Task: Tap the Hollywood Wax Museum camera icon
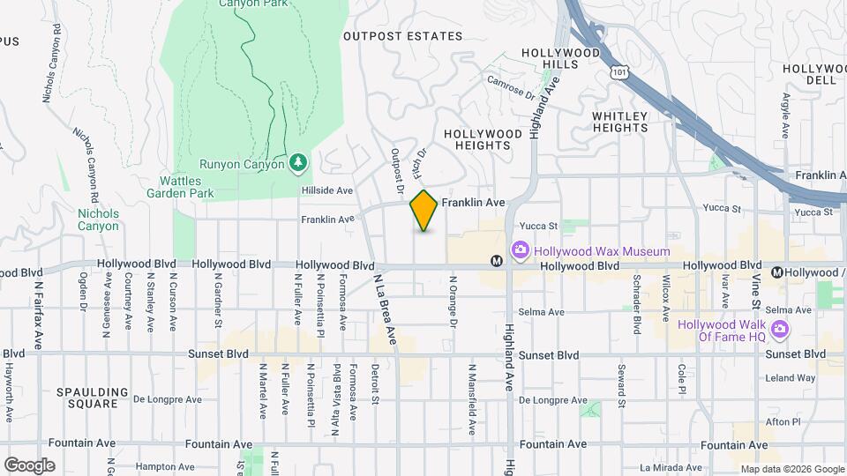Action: pyautogui.click(x=520, y=251)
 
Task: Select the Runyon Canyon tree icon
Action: pyautogui.click(x=299, y=163)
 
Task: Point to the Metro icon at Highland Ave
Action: pyautogui.click(x=497, y=261)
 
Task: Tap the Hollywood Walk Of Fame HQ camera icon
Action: pyautogui.click(x=778, y=330)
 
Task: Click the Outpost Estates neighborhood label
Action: pyautogui.click(x=402, y=36)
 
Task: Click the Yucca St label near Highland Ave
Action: pyautogui.click(x=541, y=227)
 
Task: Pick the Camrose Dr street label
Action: pyautogui.click(x=511, y=86)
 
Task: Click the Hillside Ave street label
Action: pyautogui.click(x=326, y=190)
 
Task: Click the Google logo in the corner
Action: pyautogui.click(x=29, y=465)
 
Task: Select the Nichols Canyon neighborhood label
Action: pyautogui.click(x=97, y=219)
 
